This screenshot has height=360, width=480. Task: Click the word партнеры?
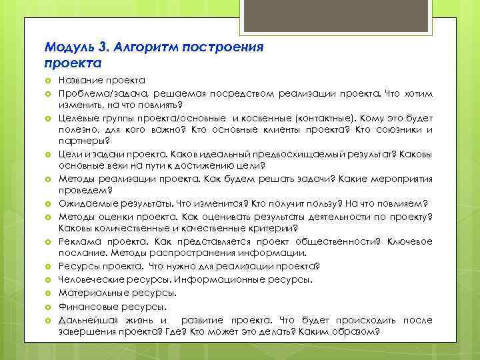click(x=84, y=141)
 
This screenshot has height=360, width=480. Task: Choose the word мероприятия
click(x=402, y=179)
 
